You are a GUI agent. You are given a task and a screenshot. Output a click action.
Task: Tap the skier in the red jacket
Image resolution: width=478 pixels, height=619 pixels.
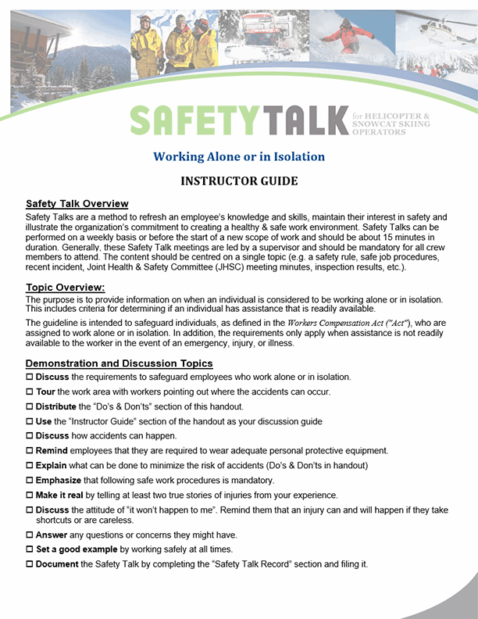pyautogui.click(x=355, y=35)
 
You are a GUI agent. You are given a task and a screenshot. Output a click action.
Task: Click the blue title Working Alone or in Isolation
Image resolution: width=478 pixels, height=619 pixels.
pyautogui.click(x=239, y=156)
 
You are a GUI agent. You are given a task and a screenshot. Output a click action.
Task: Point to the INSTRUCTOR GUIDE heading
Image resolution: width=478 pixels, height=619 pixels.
pyautogui.click(x=239, y=181)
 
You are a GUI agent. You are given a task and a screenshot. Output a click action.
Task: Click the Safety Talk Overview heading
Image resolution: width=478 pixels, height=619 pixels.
pyautogui.click(x=77, y=204)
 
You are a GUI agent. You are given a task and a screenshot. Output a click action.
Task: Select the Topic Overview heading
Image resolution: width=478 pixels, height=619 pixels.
pyautogui.click(x=65, y=287)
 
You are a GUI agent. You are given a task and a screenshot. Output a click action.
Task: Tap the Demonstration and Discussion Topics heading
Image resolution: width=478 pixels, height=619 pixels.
pyautogui.click(x=119, y=363)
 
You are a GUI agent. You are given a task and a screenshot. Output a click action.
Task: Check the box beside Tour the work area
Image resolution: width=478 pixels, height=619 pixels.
pyautogui.click(x=30, y=392)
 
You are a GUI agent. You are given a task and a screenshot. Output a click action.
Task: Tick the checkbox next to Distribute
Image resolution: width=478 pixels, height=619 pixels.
pyautogui.click(x=30, y=406)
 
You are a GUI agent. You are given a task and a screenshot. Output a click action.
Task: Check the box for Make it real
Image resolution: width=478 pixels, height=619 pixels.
pyautogui.click(x=30, y=496)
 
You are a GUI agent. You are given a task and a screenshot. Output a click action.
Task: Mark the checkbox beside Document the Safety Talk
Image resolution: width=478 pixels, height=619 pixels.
pyautogui.click(x=30, y=564)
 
